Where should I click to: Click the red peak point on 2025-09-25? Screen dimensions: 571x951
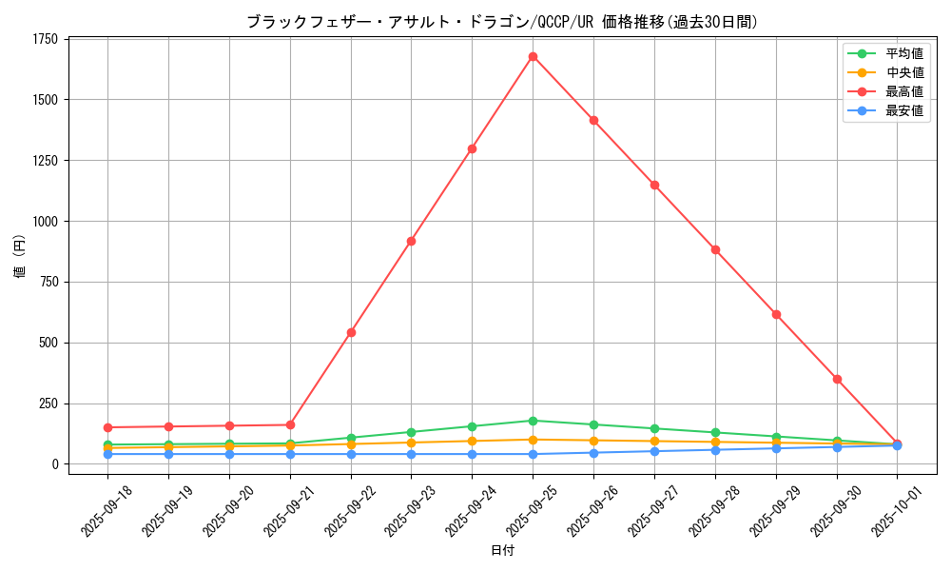pos(533,56)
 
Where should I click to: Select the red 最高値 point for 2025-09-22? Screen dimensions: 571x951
pos(351,332)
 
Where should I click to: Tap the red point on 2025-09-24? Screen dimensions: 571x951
pos(472,148)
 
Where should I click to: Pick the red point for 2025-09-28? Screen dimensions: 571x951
pos(715,249)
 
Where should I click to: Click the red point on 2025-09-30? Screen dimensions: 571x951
pos(837,379)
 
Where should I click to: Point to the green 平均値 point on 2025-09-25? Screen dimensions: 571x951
pos(533,421)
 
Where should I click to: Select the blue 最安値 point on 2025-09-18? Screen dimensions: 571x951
pos(107,454)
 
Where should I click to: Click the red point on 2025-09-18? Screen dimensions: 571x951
pos(107,427)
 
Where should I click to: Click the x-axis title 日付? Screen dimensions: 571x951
pos(502,550)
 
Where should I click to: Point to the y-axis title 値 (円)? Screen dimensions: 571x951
pos(20,257)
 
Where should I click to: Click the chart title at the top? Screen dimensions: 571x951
pos(502,22)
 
